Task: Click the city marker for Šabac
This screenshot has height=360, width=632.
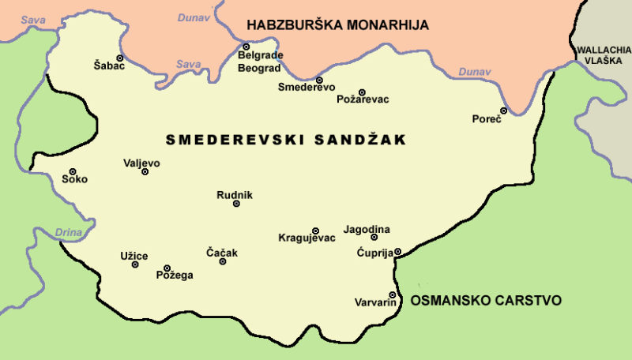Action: click(x=120, y=58)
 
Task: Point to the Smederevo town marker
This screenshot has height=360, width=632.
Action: click(x=319, y=80)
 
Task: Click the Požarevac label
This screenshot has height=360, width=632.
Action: click(x=363, y=99)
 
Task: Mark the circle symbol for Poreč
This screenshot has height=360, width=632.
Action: click(x=503, y=111)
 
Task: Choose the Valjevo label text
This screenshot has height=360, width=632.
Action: click(x=141, y=163)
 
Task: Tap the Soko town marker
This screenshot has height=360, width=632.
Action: click(x=72, y=171)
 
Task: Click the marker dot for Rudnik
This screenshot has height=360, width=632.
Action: click(x=236, y=204)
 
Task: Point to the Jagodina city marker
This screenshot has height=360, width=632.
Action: click(x=374, y=237)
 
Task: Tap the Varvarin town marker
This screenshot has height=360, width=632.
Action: click(x=393, y=294)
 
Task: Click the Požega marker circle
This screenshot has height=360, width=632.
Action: click(x=167, y=268)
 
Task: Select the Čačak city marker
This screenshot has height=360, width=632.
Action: click(x=223, y=261)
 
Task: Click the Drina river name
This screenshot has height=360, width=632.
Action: click(x=69, y=232)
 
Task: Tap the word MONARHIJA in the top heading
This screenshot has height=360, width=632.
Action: click(x=382, y=25)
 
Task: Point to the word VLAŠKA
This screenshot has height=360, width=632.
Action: click(x=603, y=60)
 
